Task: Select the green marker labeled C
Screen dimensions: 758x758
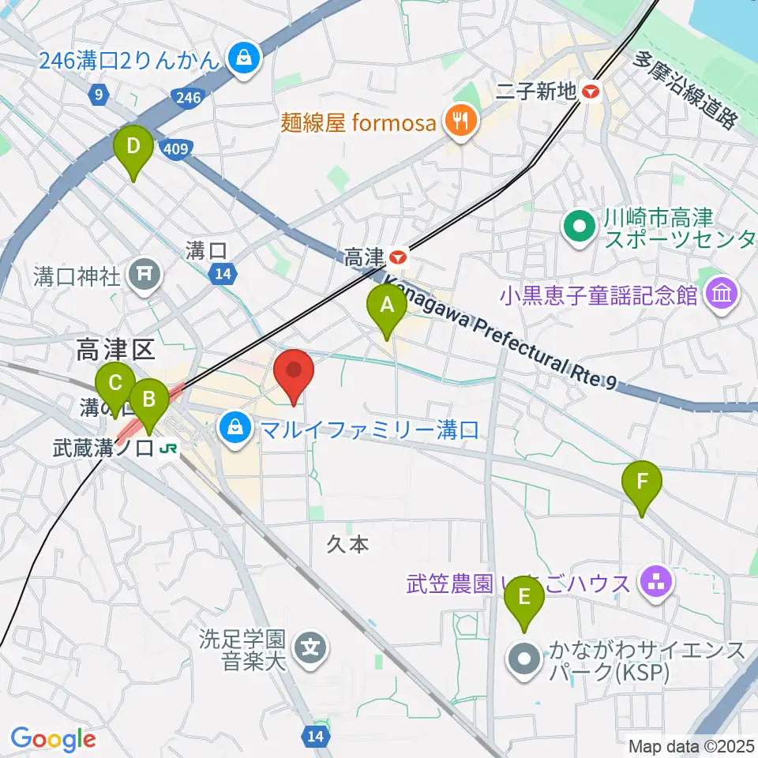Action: tap(115, 385)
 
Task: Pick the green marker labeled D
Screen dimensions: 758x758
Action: tap(133, 146)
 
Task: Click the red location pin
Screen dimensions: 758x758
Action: tap(294, 371)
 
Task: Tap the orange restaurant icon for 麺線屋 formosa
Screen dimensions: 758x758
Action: tap(459, 121)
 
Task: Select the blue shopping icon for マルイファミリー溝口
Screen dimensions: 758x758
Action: tap(235, 430)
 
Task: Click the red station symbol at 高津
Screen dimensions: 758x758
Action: tap(400, 256)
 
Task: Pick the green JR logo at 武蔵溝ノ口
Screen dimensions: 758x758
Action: tap(167, 448)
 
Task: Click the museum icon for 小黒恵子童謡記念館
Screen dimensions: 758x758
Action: tap(722, 295)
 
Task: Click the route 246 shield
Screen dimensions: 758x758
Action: tap(186, 97)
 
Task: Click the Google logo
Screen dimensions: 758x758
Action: tap(53, 739)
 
